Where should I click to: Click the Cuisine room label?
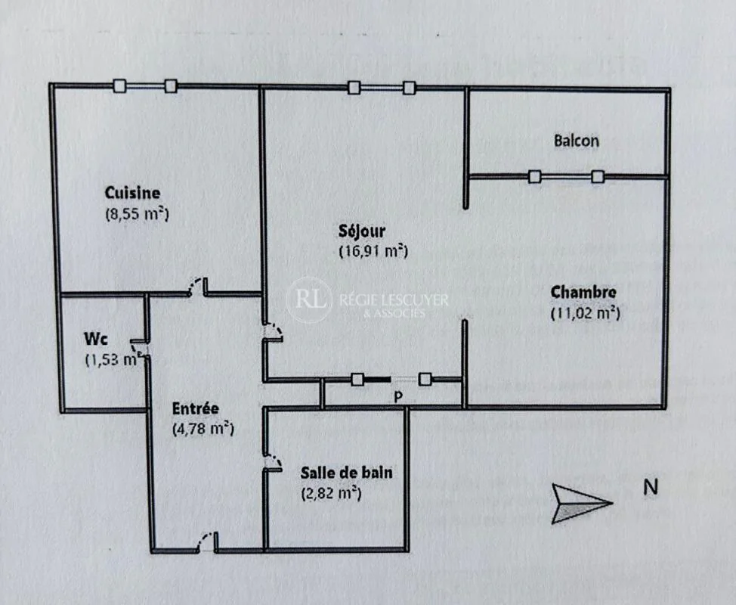point(132,193)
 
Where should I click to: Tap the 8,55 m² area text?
point(137,214)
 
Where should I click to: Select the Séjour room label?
point(362,231)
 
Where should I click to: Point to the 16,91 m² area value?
point(373,251)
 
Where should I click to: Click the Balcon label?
point(577,141)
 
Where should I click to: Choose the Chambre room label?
point(583,292)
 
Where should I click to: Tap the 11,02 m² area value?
point(586,313)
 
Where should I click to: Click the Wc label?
point(96,339)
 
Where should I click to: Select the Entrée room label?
point(195,408)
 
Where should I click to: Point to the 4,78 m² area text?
point(203,430)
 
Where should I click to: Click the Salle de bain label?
point(346,473)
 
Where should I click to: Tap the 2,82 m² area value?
point(331,494)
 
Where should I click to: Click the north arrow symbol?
point(582,504)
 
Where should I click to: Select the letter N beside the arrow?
point(651,487)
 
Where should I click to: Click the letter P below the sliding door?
point(398,397)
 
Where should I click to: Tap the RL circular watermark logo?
point(309,300)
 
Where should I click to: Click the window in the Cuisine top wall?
point(146,86)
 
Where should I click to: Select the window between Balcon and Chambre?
point(566,177)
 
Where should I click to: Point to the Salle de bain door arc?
point(273,462)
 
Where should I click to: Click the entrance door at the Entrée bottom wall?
point(207,541)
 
